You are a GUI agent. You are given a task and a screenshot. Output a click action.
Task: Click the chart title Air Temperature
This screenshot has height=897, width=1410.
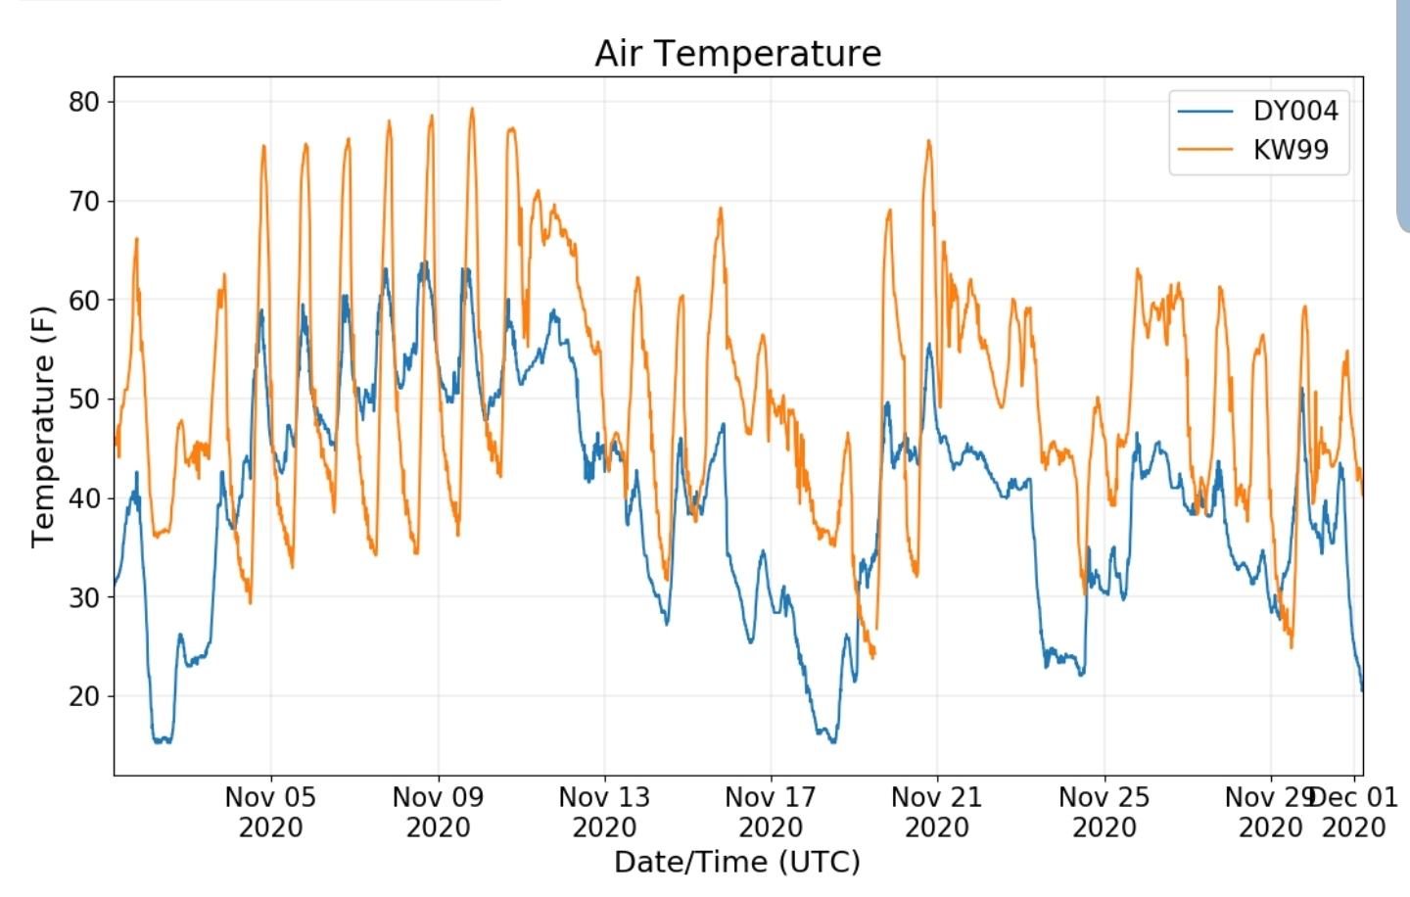point(737,53)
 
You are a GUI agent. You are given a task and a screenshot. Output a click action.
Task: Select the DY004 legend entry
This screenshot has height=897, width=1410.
point(1294,111)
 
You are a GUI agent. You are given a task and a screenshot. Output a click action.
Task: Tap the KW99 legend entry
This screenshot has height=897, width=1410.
point(1291,150)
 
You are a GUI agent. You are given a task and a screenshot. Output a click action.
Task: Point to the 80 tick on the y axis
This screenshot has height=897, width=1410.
point(84,102)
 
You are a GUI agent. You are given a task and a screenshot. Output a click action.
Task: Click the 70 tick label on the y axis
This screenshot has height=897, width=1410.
point(84,202)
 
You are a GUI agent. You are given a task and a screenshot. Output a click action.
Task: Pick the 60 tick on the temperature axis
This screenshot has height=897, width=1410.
point(84,301)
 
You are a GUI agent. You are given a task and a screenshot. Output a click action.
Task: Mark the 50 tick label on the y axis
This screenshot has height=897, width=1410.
point(84,400)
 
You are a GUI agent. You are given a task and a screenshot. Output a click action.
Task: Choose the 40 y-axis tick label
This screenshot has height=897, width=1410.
point(84,498)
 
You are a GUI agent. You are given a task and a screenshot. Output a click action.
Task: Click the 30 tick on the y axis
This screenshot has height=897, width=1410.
point(84,597)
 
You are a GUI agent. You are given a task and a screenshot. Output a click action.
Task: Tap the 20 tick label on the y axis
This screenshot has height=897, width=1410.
point(84,696)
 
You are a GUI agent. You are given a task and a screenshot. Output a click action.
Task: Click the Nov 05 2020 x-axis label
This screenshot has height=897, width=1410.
point(270,812)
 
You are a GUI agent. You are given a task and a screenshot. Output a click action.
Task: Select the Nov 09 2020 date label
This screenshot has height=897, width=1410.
point(438,812)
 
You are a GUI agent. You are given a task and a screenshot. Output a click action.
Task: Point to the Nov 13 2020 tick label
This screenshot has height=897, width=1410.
point(604,812)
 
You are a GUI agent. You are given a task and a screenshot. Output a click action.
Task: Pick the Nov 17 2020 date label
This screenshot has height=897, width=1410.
point(771,812)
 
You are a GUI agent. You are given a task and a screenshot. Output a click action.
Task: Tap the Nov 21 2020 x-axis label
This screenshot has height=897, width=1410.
point(937,812)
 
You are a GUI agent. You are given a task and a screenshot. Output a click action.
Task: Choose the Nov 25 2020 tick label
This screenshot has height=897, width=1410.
point(1104,812)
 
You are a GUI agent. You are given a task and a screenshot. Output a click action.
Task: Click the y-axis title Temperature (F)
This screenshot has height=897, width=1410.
point(42,426)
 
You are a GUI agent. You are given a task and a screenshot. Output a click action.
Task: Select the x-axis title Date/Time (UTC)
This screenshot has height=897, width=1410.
point(737,862)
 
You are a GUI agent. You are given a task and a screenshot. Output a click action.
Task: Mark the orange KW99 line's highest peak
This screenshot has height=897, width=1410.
point(472,109)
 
